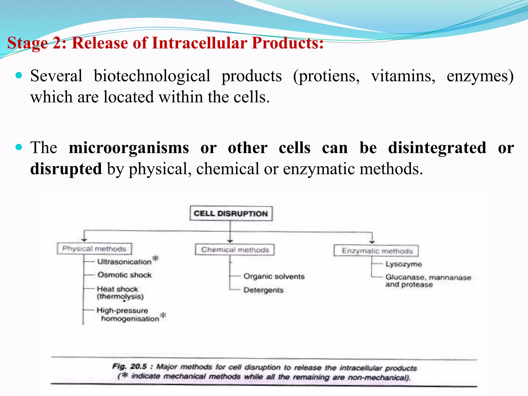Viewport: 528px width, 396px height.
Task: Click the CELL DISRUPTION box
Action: coord(231,213)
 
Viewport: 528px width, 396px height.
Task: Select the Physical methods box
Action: coord(94,249)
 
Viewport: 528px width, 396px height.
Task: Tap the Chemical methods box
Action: coord(235,250)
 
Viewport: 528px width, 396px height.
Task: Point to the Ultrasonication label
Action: coord(124,262)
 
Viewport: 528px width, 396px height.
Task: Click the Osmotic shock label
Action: coord(125,275)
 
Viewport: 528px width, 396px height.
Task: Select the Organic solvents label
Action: coord(274,277)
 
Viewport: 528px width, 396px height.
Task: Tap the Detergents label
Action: coord(263,290)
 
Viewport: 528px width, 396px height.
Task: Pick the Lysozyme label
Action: coord(404,264)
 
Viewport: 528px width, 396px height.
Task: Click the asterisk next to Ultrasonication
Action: coord(155,258)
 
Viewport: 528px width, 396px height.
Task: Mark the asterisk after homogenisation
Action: coord(163,315)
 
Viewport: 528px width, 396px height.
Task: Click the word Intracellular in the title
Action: coord(200,43)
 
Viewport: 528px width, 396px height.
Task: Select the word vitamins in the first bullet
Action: coord(403,76)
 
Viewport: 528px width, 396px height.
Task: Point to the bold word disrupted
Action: coord(66,169)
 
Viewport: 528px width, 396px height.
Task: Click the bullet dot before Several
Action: coord(19,76)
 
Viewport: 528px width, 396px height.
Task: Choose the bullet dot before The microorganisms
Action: coord(19,147)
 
